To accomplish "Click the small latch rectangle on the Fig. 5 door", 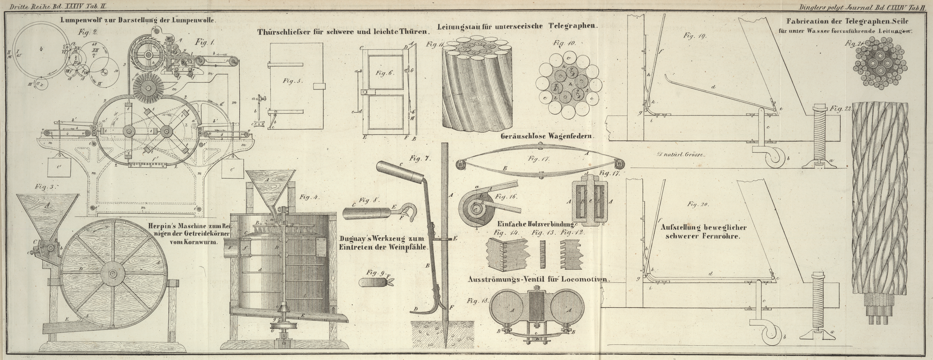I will pos(319,86).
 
